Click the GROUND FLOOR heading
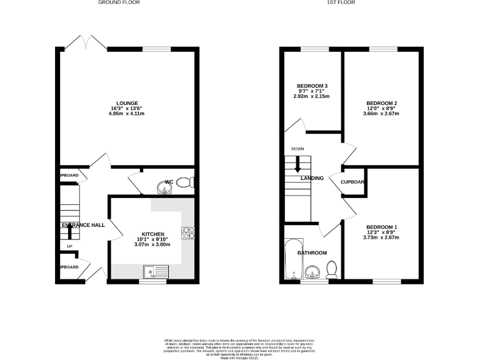[119, 3]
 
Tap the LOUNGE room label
[126, 103]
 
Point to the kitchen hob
[187, 233]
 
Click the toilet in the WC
[185, 182]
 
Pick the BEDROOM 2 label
[382, 103]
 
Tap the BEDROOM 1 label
[382, 227]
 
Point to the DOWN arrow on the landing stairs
[297, 164]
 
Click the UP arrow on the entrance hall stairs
[69, 232]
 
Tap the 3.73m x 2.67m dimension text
[382, 238]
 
